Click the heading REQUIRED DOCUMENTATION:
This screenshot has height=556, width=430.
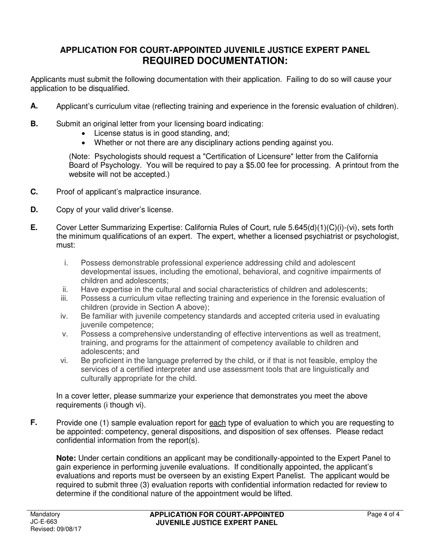(215, 61)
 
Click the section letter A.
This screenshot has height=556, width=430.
(34, 106)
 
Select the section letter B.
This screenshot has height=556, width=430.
(34, 123)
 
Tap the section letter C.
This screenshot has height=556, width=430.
(34, 192)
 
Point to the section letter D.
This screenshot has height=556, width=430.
(34, 209)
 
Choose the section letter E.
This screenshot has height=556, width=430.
(34, 227)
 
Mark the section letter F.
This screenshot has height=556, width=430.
(34, 423)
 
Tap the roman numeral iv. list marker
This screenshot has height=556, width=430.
(64, 316)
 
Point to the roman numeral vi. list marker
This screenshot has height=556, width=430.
(64, 360)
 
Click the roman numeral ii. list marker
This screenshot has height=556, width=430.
(65, 289)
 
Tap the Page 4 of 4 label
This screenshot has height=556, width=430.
(384, 514)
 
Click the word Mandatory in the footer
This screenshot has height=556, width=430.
(45, 514)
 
